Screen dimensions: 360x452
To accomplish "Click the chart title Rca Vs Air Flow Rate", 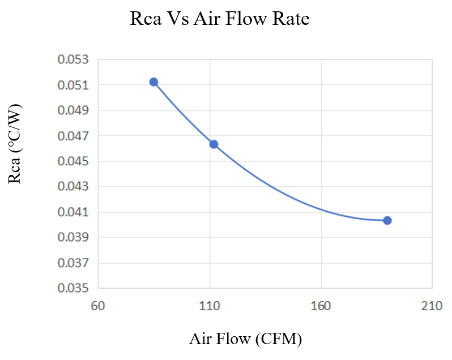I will click(x=220, y=19).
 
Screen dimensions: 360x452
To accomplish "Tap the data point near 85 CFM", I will click(x=153, y=82).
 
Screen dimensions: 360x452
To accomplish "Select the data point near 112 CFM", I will click(x=214, y=144).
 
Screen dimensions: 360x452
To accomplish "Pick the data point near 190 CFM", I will click(x=387, y=220).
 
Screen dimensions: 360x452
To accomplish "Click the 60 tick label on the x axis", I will click(x=98, y=306).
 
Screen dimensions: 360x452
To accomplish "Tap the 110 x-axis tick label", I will click(x=210, y=306).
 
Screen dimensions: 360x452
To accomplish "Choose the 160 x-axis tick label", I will click(x=321, y=306).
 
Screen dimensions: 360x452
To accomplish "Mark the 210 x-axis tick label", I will click(x=432, y=306).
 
